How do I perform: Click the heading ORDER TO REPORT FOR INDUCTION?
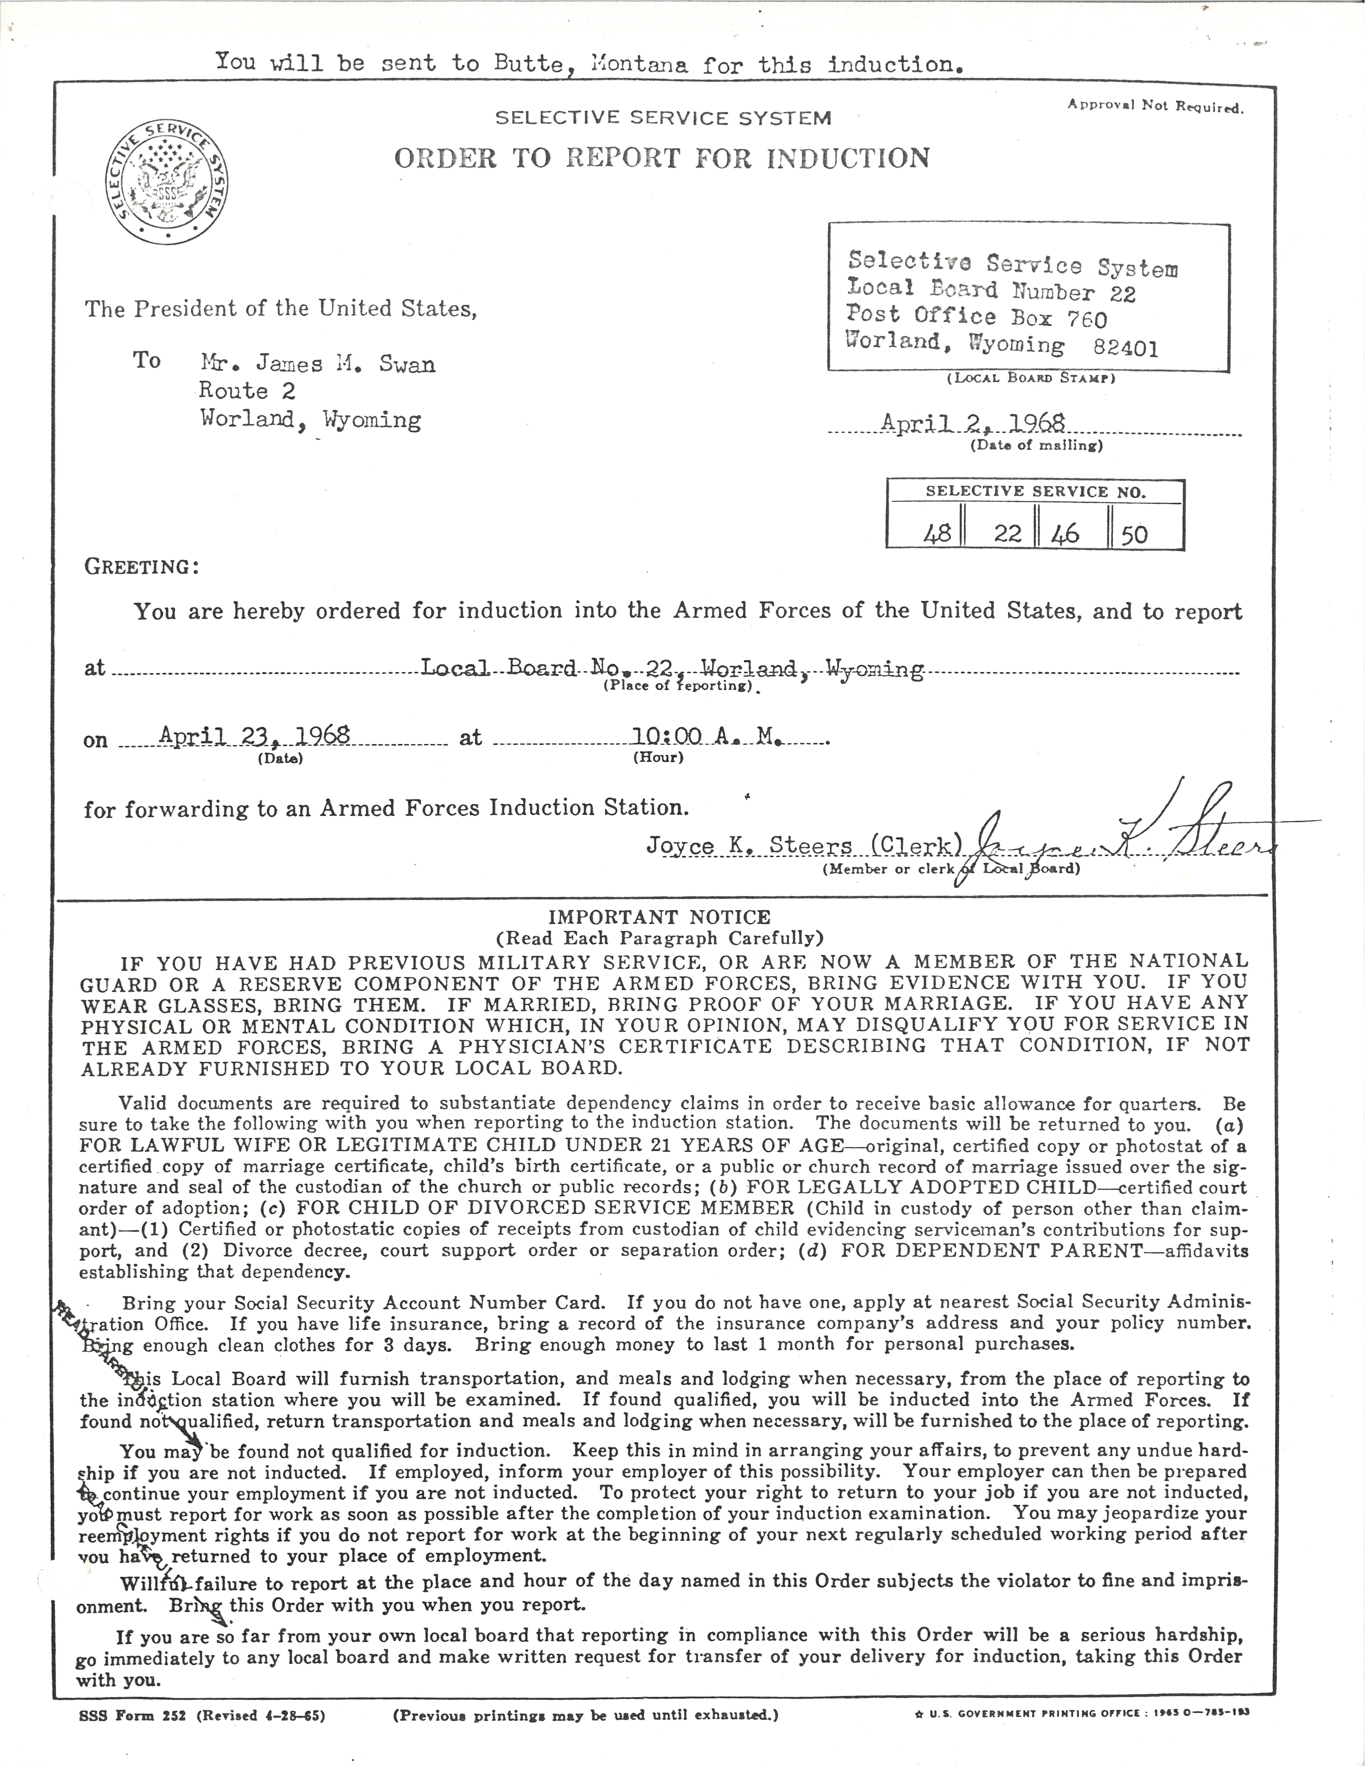(661, 158)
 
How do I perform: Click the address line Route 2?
(247, 391)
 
